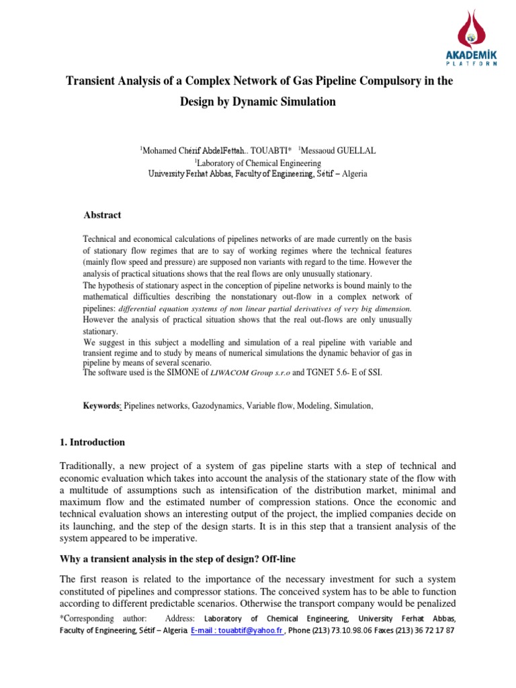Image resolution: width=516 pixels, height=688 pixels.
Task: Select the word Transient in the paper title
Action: tap(90, 81)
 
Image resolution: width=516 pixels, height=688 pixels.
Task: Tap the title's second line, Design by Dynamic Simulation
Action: tap(258, 102)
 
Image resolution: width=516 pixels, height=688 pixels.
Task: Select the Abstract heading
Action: tap(102, 215)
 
